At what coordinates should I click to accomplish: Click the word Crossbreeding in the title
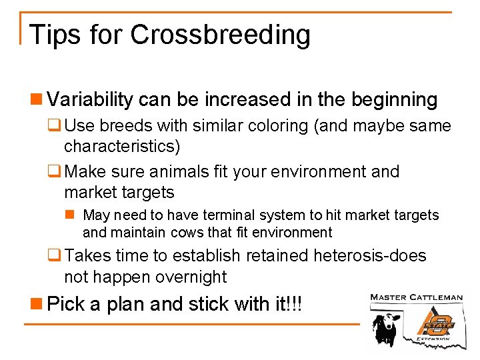coord(220,35)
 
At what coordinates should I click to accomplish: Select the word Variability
coord(90,101)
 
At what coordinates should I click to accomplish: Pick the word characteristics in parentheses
coord(122,146)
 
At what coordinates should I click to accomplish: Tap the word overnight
coord(193,277)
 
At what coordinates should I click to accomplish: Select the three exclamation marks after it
coord(295,305)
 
